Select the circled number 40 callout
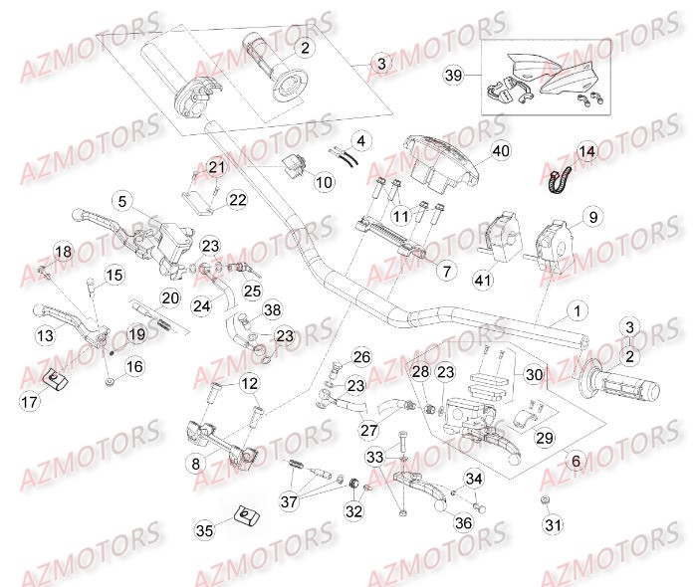(499, 152)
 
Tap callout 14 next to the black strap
(586, 151)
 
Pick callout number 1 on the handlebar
(578, 311)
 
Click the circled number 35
(204, 531)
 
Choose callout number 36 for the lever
(435, 522)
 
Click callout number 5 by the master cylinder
(121, 202)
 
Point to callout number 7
(445, 271)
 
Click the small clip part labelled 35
(240, 514)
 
